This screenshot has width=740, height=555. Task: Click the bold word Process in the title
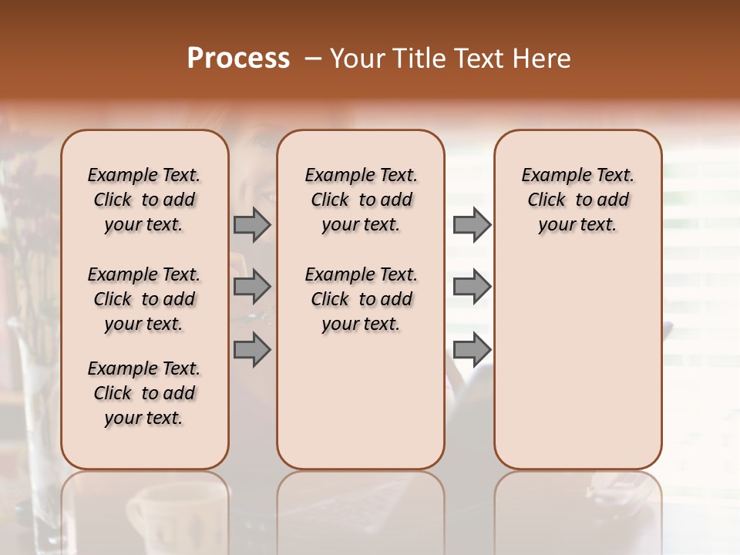click(x=238, y=59)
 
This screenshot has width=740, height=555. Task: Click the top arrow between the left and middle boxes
click(x=252, y=224)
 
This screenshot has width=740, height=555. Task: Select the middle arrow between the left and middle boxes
click(x=252, y=287)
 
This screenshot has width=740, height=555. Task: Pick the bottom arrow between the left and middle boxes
click(x=252, y=350)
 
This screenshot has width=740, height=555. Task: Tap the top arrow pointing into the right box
click(x=472, y=224)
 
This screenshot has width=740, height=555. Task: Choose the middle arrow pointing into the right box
click(x=472, y=287)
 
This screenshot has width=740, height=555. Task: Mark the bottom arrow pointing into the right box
click(x=472, y=350)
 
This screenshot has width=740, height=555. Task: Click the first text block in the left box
click(x=144, y=200)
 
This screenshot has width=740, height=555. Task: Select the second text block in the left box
click(x=144, y=299)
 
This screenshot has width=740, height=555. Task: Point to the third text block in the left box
click(x=144, y=393)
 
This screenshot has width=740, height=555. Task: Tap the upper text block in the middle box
click(x=361, y=200)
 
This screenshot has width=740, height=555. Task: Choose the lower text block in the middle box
click(x=361, y=299)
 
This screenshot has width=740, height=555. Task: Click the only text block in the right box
click(x=578, y=200)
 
